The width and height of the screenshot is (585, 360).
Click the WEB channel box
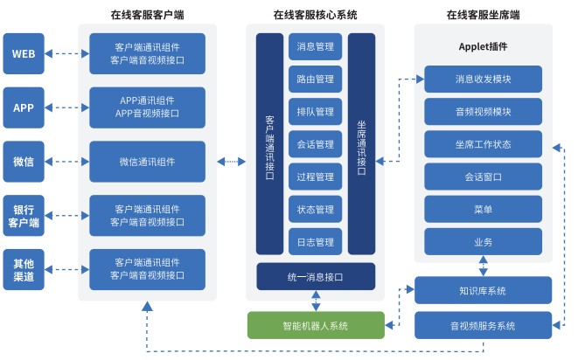24,54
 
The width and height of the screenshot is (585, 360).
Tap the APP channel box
24,108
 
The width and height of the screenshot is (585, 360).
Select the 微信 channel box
24,162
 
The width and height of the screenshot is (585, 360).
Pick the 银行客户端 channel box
24,216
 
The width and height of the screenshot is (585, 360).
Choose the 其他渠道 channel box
24,270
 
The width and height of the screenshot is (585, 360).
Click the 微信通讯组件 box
147,162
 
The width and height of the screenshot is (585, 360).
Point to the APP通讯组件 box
147,107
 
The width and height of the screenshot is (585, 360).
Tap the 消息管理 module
315,46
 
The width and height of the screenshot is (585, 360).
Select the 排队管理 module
315,112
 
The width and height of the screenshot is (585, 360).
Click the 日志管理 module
315,241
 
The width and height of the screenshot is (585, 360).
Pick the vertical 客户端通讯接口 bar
269,144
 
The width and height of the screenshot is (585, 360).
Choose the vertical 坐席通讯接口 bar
361,144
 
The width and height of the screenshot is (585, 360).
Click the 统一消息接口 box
315,276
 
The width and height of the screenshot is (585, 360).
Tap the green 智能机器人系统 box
315,325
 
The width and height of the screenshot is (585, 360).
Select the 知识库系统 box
483,290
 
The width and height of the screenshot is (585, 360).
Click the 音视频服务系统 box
483,325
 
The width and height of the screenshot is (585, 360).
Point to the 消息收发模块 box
483,80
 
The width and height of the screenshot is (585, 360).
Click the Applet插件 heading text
483,46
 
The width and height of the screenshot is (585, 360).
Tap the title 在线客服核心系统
315,15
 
